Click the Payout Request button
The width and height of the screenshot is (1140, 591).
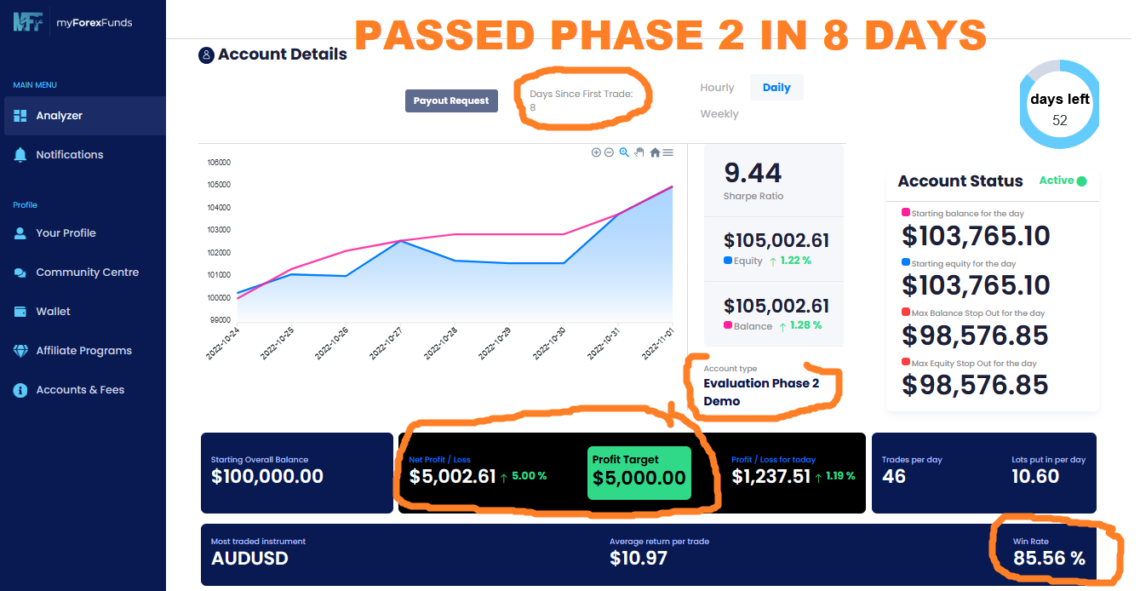[450, 100]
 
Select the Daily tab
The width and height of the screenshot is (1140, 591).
[776, 88]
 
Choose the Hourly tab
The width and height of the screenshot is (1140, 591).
[717, 88]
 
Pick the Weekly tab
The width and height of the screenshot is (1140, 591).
[719, 114]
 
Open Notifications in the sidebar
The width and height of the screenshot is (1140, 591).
[69, 155]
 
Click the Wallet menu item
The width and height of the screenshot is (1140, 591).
[53, 312]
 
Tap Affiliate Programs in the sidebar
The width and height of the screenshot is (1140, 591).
[83, 351]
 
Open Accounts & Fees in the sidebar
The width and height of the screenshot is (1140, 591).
[80, 390]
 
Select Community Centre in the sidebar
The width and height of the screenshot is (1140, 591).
[87, 273]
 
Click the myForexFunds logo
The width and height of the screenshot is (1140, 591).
[72, 23]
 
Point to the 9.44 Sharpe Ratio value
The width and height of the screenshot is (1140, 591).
[753, 173]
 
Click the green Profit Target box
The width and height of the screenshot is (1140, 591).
[639, 472]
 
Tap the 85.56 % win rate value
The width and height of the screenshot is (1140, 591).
[1049, 559]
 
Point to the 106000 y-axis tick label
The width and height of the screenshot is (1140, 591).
[219, 162]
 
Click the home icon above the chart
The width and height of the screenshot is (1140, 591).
[655, 152]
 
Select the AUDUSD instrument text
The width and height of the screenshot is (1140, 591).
[249, 559]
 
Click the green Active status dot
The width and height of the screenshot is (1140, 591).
[1082, 181]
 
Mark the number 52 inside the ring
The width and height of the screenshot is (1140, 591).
[1059, 121]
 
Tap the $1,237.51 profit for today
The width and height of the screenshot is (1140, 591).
[771, 476]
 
